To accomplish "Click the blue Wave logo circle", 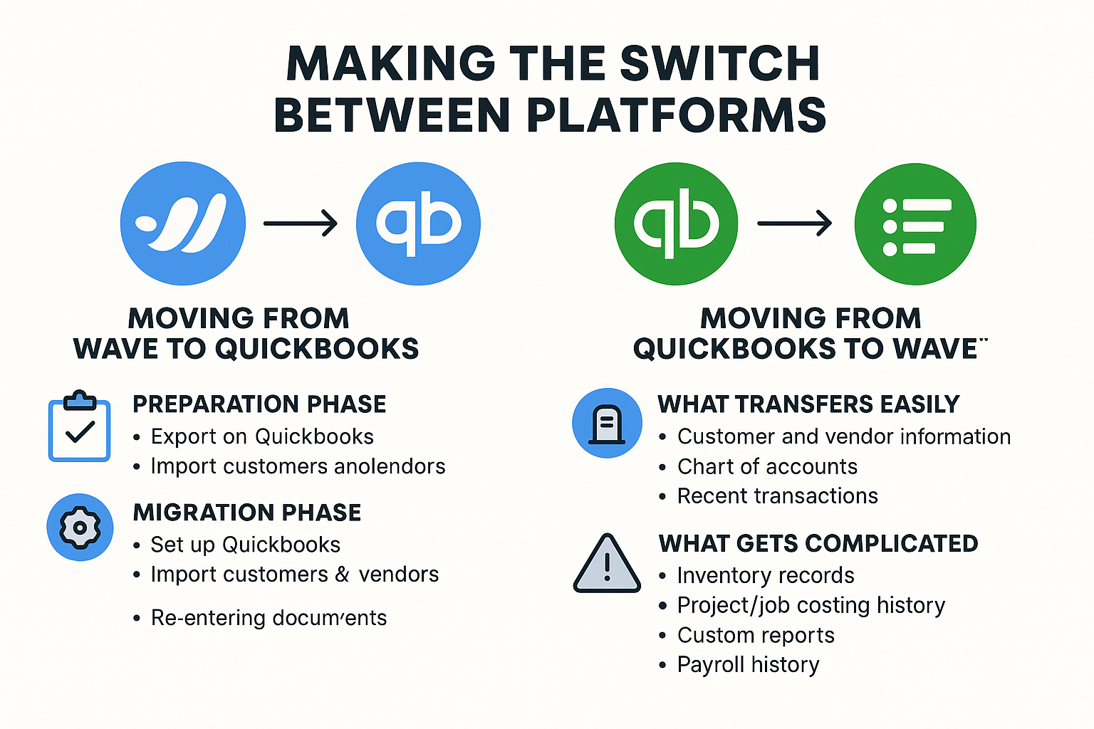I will pos(183,224).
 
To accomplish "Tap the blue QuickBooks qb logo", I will pos(418,224).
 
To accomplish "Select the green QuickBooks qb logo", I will pos(676,224).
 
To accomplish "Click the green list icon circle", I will pos(915,224).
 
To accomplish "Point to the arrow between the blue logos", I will pos(300,224).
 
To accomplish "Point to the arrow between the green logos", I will pos(794,224).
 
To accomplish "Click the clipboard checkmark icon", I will pos(79,426).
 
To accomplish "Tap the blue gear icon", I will pos(80,528).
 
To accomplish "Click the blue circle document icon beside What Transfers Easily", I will pos(607,423).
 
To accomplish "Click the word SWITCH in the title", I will pos(719,63).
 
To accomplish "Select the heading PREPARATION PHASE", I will pos(259,404).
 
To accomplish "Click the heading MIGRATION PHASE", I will pos(247,513).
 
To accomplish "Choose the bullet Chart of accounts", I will pos(767,466).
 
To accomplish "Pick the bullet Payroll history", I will pos(748,664).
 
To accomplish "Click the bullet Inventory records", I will pos(765,575).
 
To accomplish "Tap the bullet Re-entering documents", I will pos(269,617).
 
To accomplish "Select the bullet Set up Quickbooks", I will pos(245,545).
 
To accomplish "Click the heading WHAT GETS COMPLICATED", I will pos(818,543).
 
